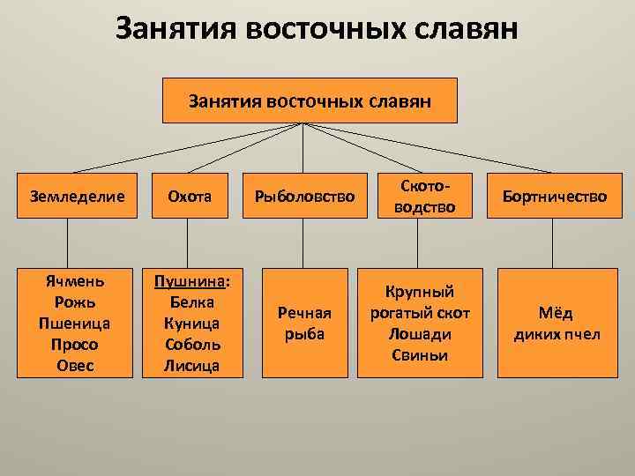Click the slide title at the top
[317, 30]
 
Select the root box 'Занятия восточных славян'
[310, 101]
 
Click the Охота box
[186, 196]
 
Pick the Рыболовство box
[303, 196]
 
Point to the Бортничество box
[554, 196]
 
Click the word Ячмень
[75, 281]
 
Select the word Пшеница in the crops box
[75, 324]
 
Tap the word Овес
[75, 365]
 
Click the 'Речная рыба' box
[303, 323]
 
